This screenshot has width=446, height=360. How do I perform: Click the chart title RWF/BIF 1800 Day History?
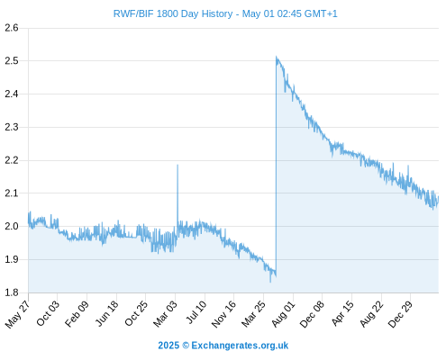coord(173,13)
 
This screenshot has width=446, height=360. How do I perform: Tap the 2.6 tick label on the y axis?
coord(12,28)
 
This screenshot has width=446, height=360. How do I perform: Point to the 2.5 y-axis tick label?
coord(12,61)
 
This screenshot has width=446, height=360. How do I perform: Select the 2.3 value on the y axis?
coord(12,127)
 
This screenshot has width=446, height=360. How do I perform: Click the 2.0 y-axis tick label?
coord(12,226)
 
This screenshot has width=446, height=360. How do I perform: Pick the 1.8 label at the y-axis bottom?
coord(12,292)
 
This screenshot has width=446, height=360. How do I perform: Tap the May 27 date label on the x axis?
coord(17,314)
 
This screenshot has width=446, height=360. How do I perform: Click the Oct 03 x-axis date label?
coord(48,313)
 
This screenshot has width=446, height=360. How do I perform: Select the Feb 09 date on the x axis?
coord(77,313)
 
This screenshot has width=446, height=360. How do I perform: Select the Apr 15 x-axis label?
coord(342,313)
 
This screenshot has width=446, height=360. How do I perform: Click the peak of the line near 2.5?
coord(277,56)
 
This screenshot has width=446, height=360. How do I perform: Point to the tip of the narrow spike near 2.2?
coord(177,165)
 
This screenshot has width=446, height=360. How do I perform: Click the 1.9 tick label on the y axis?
coord(12,259)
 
